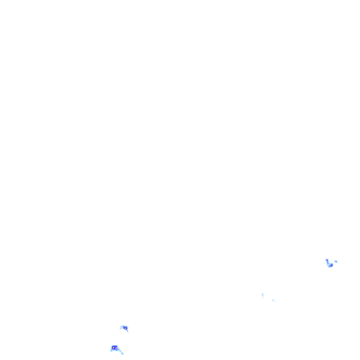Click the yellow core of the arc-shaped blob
pyautogui.click(x=125, y=328)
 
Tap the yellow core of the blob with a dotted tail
pyautogui.click(x=114, y=348)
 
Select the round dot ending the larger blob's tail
pyautogui.click(x=122, y=353)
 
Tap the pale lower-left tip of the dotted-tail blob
pyautogui.click(x=111, y=351)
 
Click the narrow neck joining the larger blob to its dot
pyautogui.click(x=120, y=352)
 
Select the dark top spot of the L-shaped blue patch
pyautogui.click(x=327, y=260)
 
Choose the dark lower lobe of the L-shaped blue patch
pyautogui.click(x=330, y=265)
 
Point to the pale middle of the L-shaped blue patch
pyautogui.click(x=328, y=263)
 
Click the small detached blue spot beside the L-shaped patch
pyautogui.click(x=336, y=261)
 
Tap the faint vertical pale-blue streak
pyautogui.click(x=263, y=295)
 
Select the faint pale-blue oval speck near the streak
pyautogui.click(x=273, y=300)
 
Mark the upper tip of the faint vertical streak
pyautogui.click(x=263, y=293)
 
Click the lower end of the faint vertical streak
pyautogui.click(x=263, y=298)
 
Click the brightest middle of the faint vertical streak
pyautogui.click(x=263, y=295)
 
